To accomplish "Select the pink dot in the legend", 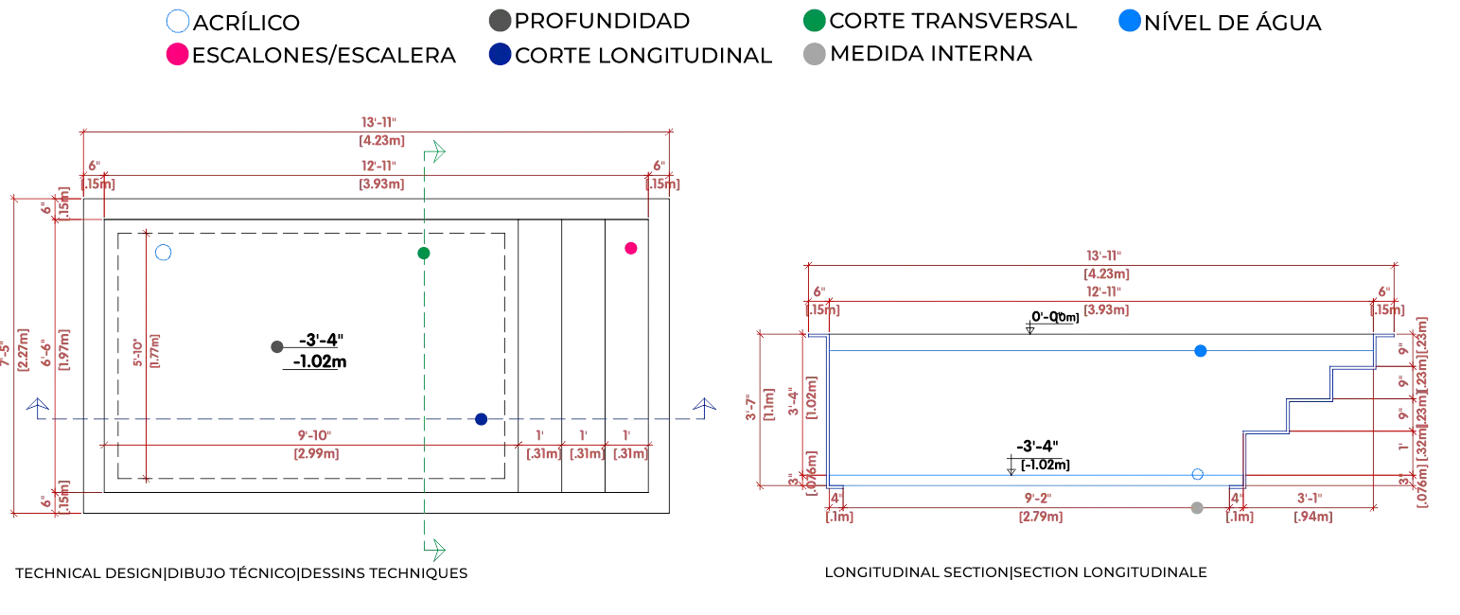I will click(x=177, y=56).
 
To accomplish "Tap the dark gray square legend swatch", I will click(x=499, y=21).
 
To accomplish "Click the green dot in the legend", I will click(x=814, y=21).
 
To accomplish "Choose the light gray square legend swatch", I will click(x=814, y=56).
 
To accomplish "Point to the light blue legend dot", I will click(x=1127, y=21).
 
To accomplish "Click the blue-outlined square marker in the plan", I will click(x=163, y=253).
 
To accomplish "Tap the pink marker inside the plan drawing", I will click(x=631, y=248).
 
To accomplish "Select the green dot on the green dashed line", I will click(x=424, y=253).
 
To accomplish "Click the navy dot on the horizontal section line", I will click(x=483, y=418).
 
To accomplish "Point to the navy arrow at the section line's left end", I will click(x=38, y=409).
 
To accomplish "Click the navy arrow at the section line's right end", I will click(x=703, y=409).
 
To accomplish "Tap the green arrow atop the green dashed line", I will click(x=436, y=151).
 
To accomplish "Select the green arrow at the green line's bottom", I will click(x=436, y=548).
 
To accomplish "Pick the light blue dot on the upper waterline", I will click(x=1202, y=352).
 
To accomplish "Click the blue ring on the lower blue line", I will click(x=1196, y=474).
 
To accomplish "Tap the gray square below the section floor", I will click(x=1196, y=507).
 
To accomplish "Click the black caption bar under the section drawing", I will click(x=1017, y=571).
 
